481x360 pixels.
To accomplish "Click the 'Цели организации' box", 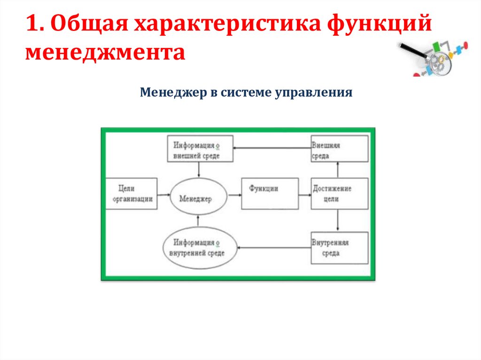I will point(132,193).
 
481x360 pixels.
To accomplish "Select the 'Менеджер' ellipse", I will point(198,199).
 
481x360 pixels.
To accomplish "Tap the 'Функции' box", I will point(269,193).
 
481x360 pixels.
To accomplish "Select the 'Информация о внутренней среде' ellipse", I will point(199,247).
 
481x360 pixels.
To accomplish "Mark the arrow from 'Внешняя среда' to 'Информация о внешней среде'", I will point(272,148).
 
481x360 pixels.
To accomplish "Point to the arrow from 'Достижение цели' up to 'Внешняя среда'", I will point(338,169).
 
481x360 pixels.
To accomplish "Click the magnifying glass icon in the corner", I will point(432,59).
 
